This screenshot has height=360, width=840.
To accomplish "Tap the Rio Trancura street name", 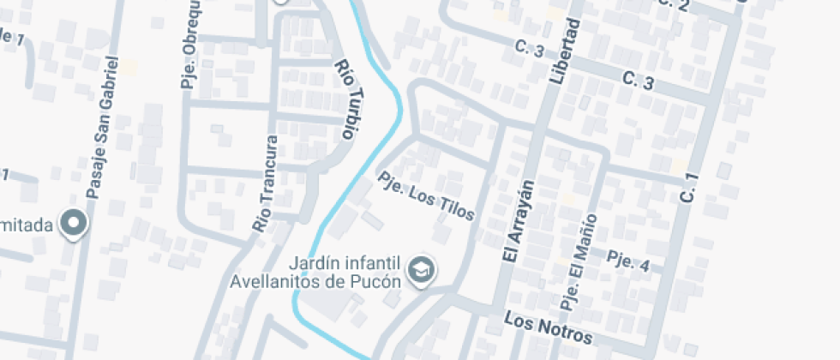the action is click(266, 183).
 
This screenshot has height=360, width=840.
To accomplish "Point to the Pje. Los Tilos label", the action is click(426, 195).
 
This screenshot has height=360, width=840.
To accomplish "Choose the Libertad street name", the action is click(561, 51).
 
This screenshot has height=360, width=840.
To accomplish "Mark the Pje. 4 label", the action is click(627, 261).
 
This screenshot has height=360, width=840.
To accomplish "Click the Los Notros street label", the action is click(548, 327).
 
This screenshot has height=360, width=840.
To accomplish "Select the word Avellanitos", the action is click(275, 280).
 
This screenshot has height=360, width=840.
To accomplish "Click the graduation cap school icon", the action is click(422, 271).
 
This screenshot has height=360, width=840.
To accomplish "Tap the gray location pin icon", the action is click(75, 223).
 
